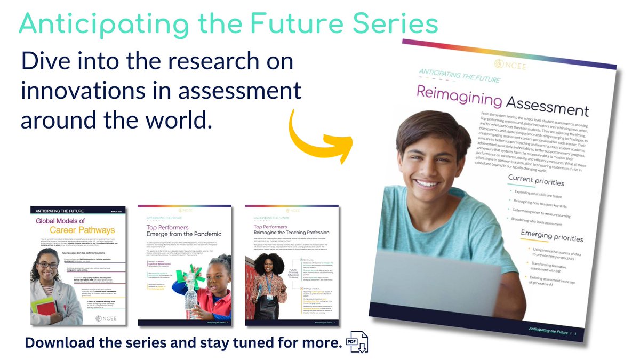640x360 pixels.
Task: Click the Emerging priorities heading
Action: click(551, 236)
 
